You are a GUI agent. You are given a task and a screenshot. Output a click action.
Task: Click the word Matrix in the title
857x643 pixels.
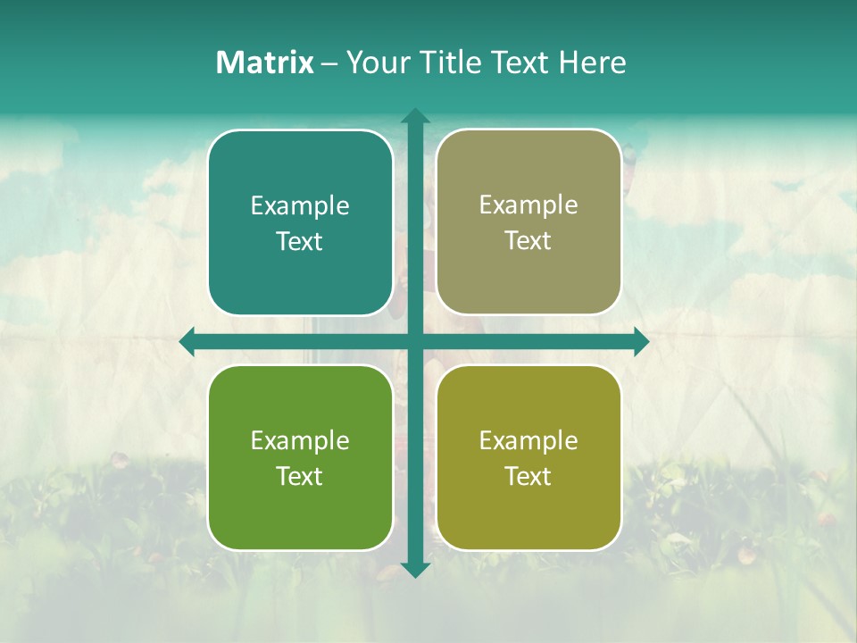[264, 63]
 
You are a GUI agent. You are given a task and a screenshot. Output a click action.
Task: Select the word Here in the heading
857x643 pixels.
[592, 63]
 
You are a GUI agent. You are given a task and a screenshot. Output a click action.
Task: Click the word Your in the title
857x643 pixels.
[373, 63]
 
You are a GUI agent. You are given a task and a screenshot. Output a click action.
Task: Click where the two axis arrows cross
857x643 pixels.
[414, 342]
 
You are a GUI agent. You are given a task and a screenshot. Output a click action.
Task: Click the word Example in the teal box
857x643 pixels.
[300, 206]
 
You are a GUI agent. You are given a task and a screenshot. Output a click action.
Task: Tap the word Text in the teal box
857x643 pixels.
[300, 242]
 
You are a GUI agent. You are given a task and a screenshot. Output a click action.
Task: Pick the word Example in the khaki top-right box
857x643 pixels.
[528, 205]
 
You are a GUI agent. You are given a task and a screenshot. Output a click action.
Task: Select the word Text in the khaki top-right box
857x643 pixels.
[528, 241]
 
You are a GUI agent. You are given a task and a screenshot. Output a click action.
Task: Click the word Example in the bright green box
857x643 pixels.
[300, 441]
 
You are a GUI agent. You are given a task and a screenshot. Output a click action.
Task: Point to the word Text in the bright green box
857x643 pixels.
[300, 477]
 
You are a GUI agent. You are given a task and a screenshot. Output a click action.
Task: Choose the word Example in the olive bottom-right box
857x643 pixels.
[528, 441]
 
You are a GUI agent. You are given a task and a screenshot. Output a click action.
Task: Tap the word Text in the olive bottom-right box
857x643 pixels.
[528, 477]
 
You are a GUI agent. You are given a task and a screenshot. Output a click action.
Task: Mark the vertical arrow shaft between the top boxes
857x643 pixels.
[414, 223]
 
